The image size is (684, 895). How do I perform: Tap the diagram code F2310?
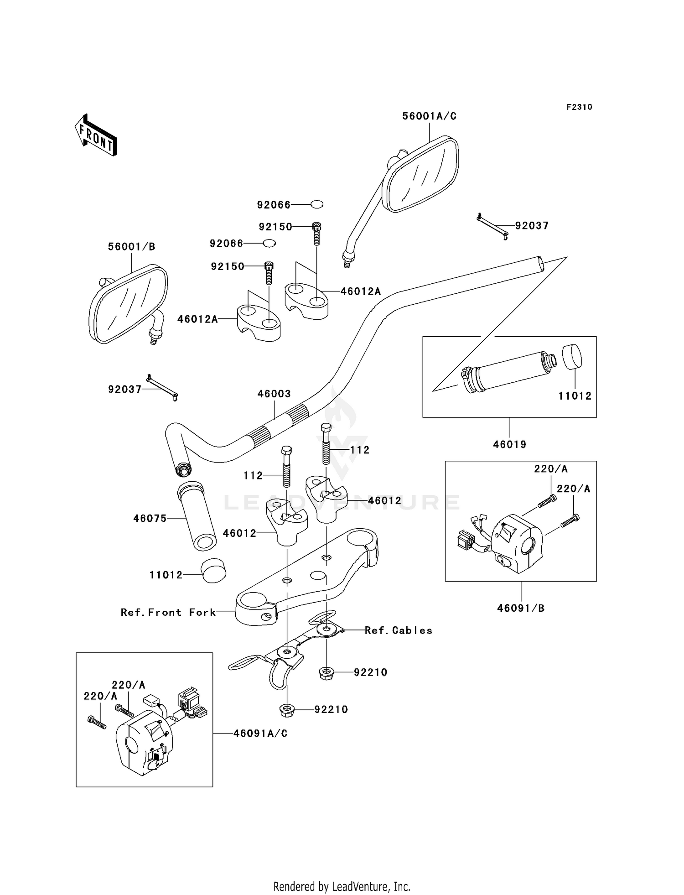579,107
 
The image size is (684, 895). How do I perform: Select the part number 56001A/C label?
429,116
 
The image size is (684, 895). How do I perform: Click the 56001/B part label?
131,247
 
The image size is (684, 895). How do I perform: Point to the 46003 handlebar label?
274,394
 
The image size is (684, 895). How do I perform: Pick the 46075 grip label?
150,518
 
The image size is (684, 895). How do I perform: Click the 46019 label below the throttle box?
510,444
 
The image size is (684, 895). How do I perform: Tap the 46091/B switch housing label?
521,608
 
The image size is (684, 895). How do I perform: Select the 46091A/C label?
261,734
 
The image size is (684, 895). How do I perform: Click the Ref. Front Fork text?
168,612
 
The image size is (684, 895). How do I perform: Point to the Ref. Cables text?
399,630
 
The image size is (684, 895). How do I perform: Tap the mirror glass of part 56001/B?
128,303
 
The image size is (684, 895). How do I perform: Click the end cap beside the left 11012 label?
213,571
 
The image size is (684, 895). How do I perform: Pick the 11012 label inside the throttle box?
575,396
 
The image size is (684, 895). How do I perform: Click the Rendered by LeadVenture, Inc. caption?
342,887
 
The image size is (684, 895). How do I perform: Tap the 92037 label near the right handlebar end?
532,225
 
